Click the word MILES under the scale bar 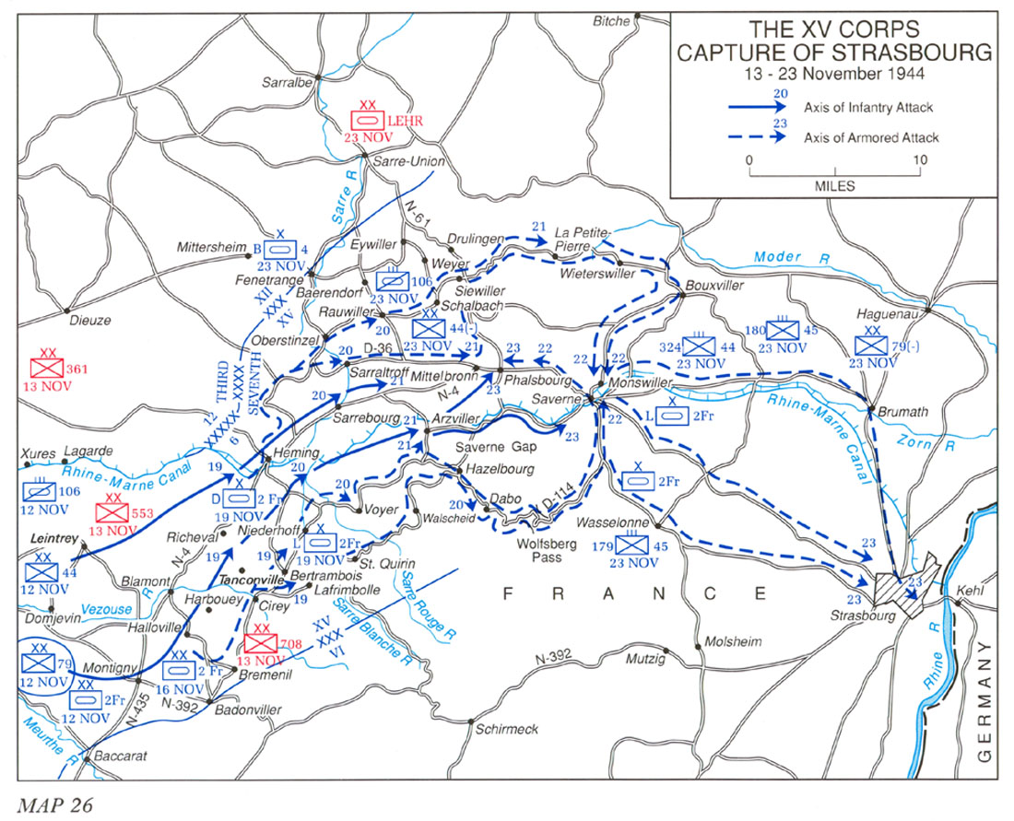[834, 186]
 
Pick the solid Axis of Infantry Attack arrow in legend [755, 108]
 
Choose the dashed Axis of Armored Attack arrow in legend [755, 137]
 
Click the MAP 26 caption [54, 802]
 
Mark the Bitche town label [612, 20]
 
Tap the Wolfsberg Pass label [552, 551]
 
